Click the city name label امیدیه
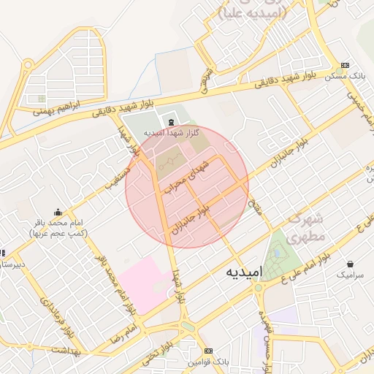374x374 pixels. (x=240, y=272)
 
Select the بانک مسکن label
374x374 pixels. (x=350, y=75)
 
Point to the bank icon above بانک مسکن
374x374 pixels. (x=346, y=64)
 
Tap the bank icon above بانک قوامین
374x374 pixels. (x=208, y=351)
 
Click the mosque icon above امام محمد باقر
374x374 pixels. (x=58, y=212)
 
